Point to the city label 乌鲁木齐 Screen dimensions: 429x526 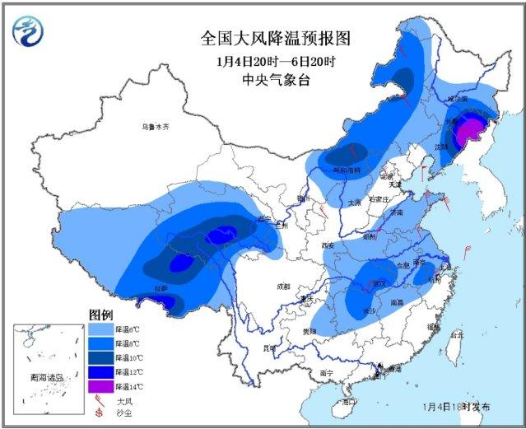click(154, 127)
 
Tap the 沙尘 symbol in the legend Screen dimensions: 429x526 click(100, 412)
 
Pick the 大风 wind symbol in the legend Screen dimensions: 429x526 click(100, 399)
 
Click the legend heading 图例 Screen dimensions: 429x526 click(100, 315)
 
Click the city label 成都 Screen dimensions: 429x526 click(283, 286)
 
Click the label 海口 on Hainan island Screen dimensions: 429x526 click(349, 401)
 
